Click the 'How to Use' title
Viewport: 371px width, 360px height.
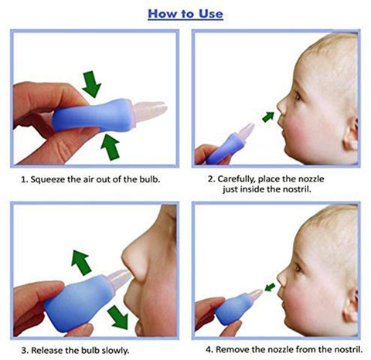point(185,13)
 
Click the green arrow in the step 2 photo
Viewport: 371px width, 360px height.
point(267,117)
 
